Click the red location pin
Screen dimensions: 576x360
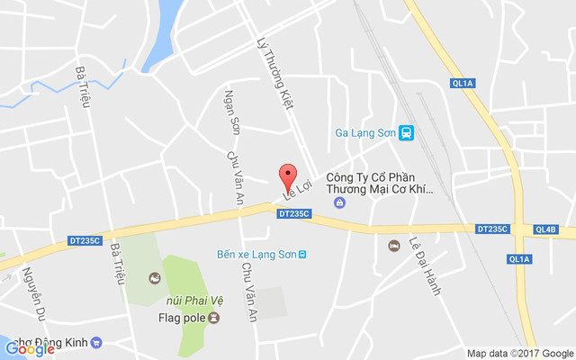click(x=287, y=175)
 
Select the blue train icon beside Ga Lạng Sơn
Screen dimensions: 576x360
click(x=407, y=133)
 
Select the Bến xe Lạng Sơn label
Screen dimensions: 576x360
click(x=256, y=254)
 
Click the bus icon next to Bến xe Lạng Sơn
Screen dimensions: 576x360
click(x=302, y=254)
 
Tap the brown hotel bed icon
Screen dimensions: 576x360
click(x=393, y=246)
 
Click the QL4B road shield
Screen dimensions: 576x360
click(x=545, y=229)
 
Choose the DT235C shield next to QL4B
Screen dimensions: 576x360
click(x=493, y=229)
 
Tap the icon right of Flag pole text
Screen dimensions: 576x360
click(x=213, y=318)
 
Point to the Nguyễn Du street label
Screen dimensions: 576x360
click(x=32, y=289)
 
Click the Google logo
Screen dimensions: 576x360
click(x=29, y=349)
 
